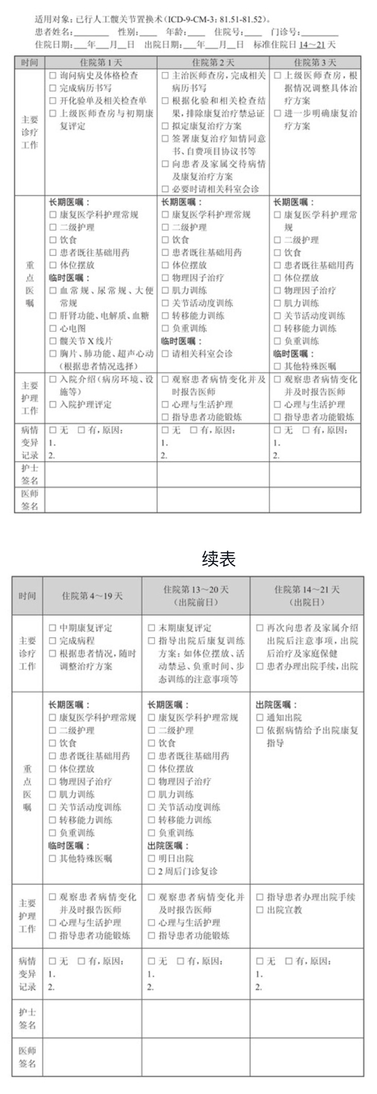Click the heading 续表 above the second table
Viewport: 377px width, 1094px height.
218,559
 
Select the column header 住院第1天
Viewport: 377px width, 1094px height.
101,63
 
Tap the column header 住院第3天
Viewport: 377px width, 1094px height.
315,63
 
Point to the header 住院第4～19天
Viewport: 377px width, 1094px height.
92,596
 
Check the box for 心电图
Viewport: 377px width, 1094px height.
53,328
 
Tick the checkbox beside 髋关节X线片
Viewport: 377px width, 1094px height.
53,341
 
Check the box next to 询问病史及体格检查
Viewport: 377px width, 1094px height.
53,76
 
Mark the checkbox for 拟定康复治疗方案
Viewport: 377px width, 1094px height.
165,126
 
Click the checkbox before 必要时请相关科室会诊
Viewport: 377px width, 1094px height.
165,189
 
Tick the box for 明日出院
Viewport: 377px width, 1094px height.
151,858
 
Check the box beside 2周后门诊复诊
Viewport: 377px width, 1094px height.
151,871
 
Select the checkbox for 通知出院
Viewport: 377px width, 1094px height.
260,718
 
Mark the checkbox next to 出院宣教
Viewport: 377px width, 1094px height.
260,910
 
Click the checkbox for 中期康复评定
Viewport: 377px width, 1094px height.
52,628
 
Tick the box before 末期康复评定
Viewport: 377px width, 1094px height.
151,628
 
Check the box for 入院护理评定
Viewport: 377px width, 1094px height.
53,404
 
